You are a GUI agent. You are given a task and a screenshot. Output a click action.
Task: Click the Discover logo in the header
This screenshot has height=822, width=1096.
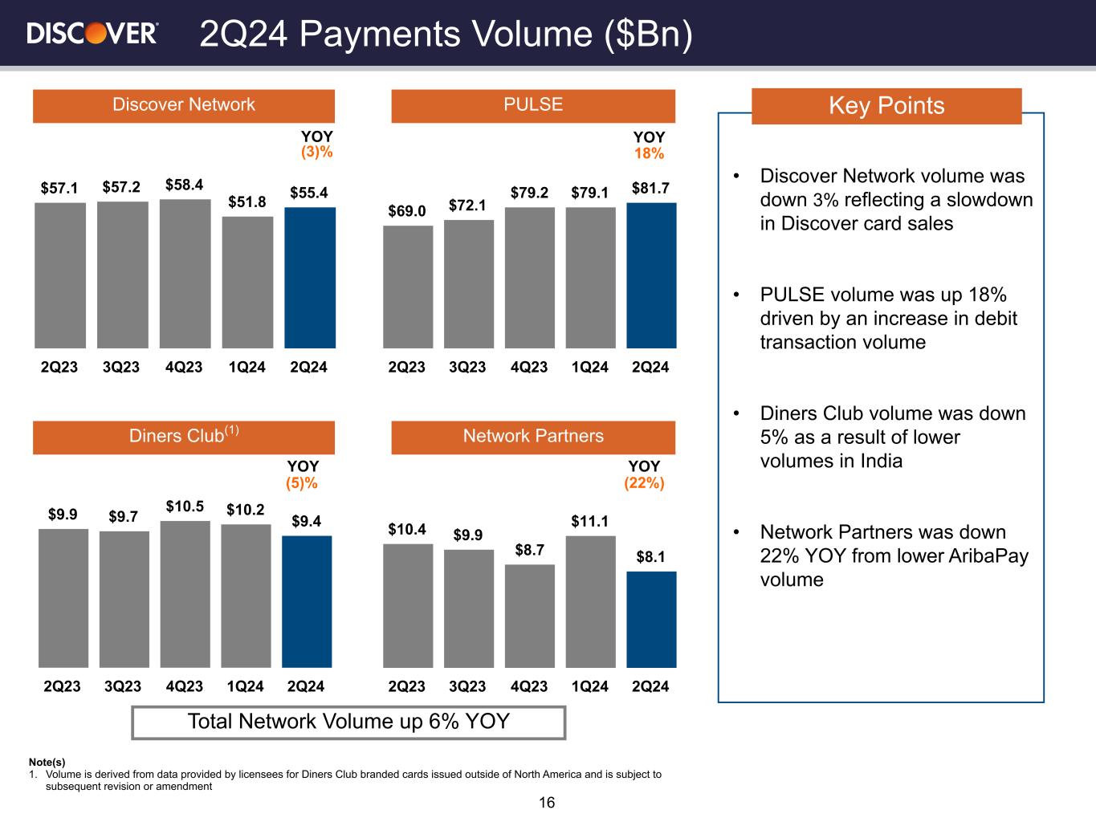coord(92,34)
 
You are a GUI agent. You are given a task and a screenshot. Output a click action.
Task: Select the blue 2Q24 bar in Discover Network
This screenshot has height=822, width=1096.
coord(310,278)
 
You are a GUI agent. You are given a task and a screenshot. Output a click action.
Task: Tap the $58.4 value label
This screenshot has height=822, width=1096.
coord(184,185)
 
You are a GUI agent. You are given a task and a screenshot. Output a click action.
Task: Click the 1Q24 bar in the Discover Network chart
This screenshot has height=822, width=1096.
coord(247,282)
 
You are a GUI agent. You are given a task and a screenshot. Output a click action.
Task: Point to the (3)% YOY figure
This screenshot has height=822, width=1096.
coord(316,152)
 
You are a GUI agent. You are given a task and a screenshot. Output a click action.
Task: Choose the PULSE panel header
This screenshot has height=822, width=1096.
coord(533,106)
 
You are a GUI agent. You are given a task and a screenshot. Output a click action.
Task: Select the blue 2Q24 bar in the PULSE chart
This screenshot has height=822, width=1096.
coord(652,275)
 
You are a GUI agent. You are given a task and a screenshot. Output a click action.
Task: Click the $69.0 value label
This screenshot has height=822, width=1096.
coord(407,211)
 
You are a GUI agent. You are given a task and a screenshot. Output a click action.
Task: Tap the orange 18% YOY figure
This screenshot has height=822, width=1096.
coord(649,153)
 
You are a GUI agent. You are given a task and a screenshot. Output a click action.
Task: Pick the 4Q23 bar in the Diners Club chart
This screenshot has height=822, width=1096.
coord(185,594)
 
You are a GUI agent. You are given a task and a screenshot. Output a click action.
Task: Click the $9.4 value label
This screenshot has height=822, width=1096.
coord(307,521)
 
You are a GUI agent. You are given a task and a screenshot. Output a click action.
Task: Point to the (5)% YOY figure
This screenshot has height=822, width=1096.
coord(302,483)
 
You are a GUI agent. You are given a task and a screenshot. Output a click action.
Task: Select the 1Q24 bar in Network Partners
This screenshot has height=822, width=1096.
coord(591,601)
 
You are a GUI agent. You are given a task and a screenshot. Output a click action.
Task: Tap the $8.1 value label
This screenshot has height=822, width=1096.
coord(650,556)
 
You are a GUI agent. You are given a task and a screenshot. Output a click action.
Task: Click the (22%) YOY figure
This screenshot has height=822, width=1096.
coord(644,483)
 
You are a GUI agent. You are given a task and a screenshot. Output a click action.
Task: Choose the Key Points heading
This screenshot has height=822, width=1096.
coord(886,106)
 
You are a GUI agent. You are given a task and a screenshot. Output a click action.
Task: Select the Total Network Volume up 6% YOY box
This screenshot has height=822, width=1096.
coord(348,722)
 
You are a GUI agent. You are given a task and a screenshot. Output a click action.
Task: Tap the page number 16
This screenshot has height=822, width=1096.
coord(547,803)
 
